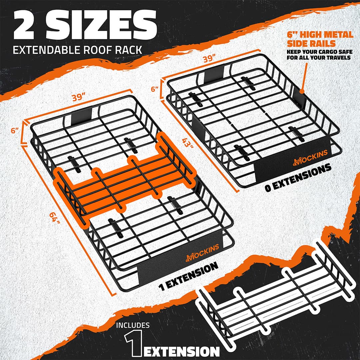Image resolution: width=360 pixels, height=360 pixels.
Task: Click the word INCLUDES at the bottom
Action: pyautogui.click(x=133, y=325)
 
